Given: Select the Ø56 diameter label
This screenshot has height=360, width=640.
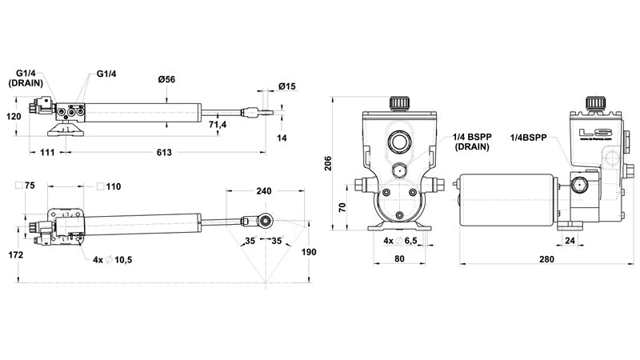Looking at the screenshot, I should [166, 79].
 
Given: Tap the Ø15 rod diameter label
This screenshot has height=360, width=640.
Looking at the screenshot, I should [287, 86].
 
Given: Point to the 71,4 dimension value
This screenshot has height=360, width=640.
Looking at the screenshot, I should [218, 126].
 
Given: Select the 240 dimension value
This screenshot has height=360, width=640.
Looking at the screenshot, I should [264, 191].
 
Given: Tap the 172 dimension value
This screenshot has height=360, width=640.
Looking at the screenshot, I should [15, 254].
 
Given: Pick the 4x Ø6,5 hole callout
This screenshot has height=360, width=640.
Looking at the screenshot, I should [400, 241].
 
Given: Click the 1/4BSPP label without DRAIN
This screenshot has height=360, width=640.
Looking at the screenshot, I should [528, 138].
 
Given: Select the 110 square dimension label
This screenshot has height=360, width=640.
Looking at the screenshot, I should [113, 186].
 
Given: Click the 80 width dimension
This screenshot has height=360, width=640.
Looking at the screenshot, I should [399, 259].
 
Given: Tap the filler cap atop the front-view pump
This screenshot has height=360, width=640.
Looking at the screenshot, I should [400, 104].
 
